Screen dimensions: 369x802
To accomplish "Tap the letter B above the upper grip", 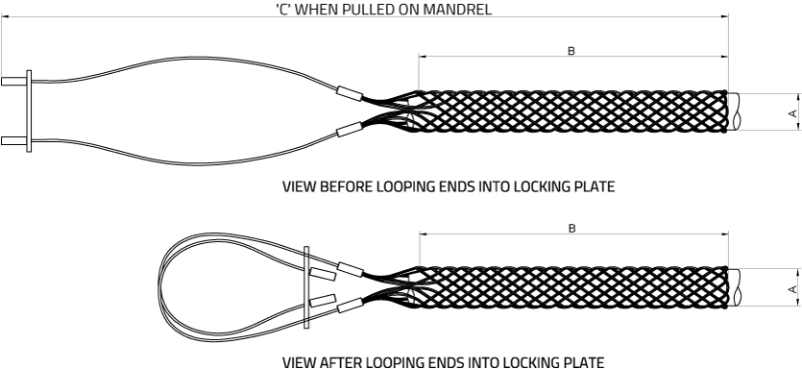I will pyautogui.click(x=571, y=50).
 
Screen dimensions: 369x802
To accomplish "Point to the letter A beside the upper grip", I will pyautogui.click(x=792, y=112).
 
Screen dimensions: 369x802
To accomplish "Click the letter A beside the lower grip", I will pyautogui.click(x=792, y=287).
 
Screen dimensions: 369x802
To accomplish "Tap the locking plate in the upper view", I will pyautogui.click(x=29, y=112).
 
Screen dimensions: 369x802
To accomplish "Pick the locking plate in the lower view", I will pyautogui.click(x=306, y=286).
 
